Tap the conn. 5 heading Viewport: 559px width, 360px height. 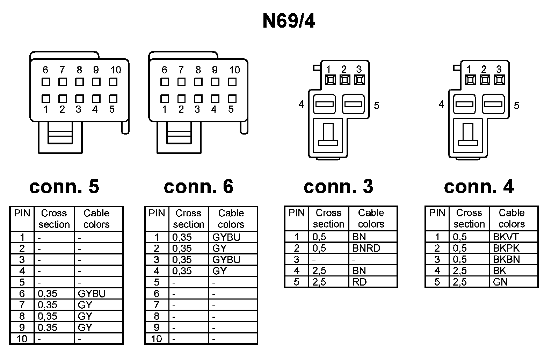[64, 187]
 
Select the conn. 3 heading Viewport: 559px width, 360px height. [338, 187]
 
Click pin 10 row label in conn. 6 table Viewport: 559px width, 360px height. [156, 339]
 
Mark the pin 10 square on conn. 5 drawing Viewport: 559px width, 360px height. [113, 82]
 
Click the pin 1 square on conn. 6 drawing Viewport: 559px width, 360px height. [164, 99]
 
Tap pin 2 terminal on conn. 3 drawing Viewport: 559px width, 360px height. [345, 80]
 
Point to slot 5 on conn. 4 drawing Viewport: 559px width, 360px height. [494, 104]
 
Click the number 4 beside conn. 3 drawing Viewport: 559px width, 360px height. [301, 104]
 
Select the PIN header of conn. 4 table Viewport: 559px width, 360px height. [437, 213]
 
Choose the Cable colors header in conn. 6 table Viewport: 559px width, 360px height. [231, 219]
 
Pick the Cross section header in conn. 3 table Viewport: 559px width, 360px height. [328, 218]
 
